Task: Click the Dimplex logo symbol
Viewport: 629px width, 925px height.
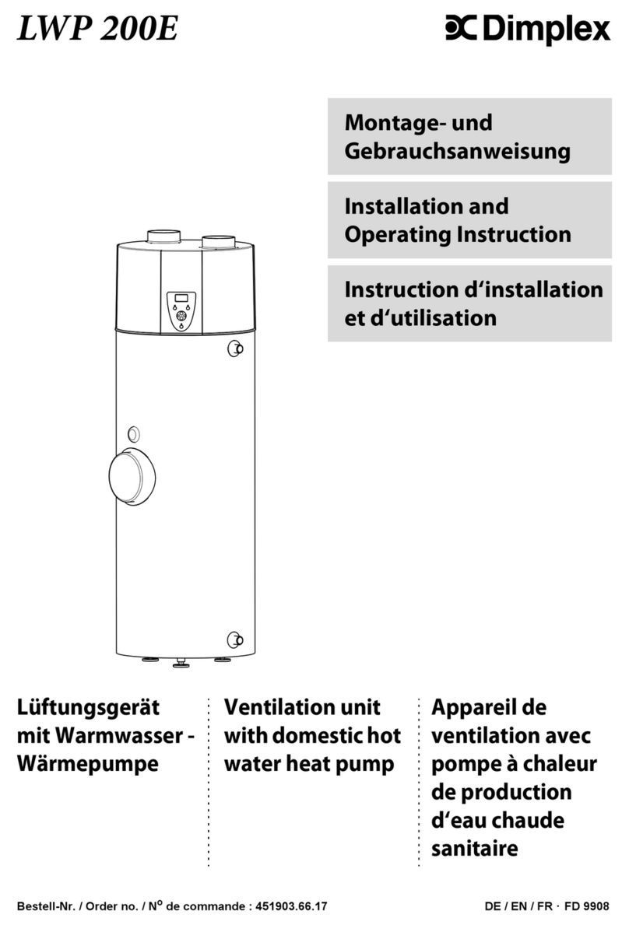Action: [461, 28]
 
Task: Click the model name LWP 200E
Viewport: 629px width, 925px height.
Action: [97, 28]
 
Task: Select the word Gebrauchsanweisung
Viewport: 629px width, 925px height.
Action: [457, 152]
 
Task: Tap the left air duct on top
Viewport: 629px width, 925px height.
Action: [163, 236]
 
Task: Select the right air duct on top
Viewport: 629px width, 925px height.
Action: [218, 241]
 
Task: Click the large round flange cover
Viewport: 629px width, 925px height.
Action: [132, 477]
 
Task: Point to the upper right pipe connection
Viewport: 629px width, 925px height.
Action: [235, 349]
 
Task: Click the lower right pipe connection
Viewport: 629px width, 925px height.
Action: [235, 640]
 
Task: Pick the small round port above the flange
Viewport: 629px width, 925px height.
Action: [134, 435]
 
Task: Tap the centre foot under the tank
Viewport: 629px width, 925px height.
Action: [181, 663]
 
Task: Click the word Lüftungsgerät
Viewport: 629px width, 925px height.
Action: [88, 708]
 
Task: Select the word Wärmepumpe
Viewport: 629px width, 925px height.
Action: [88, 764]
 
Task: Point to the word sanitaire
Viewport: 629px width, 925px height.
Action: [474, 849]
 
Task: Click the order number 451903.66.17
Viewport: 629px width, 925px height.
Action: [291, 906]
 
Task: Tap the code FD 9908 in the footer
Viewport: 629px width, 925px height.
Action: [586, 906]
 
